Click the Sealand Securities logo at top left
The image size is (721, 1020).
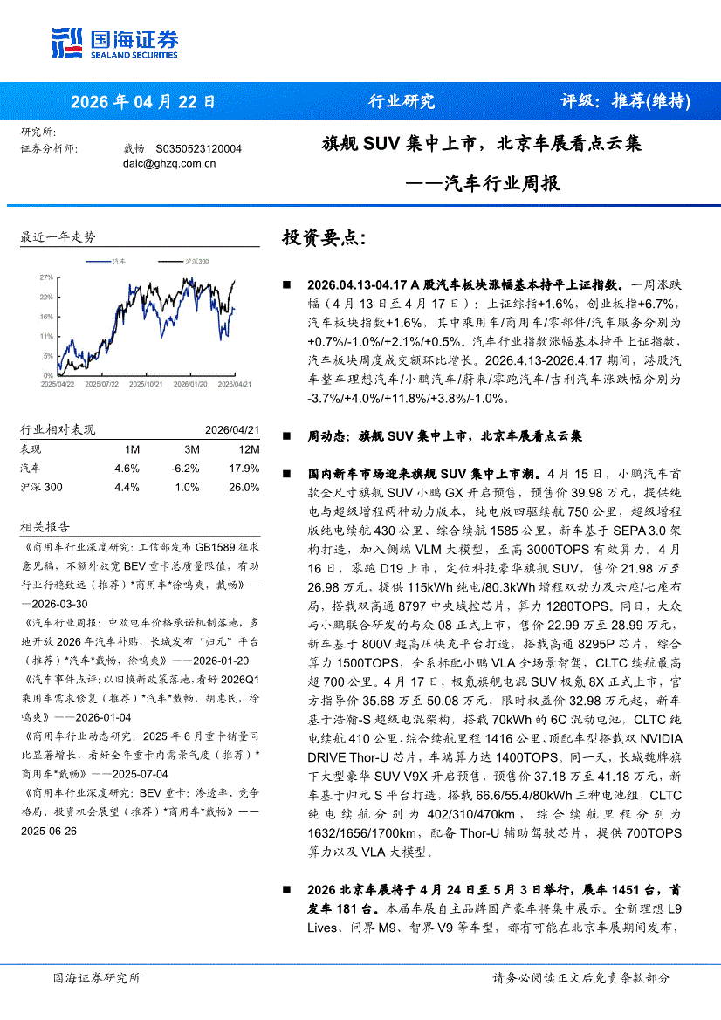point(114,41)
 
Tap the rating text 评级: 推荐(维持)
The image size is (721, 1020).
point(625,101)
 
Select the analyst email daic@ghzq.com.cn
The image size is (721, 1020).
point(169,162)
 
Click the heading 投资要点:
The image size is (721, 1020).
point(324,238)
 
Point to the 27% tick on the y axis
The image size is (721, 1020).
point(46,277)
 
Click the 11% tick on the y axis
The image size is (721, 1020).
point(46,336)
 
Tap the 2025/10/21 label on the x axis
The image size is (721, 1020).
point(145,383)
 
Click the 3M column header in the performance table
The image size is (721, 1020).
point(191,449)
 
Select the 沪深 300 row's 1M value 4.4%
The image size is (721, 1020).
point(127,487)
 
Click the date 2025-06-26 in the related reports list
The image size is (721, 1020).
point(49,830)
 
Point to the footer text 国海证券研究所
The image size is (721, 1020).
point(96,977)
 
